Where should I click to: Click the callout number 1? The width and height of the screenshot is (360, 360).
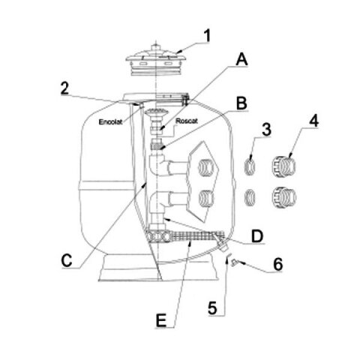pyautogui.click(x=207, y=36)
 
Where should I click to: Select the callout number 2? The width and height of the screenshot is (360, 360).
pyautogui.click(x=64, y=88)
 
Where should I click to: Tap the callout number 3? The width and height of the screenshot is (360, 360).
pyautogui.click(x=266, y=130)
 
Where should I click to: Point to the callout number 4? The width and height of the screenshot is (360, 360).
pyautogui.click(x=314, y=121)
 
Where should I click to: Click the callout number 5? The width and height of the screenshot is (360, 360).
pyautogui.click(x=212, y=308)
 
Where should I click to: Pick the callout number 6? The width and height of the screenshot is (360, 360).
pyautogui.click(x=278, y=264)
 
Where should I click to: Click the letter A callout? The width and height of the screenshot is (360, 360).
pyautogui.click(x=241, y=60)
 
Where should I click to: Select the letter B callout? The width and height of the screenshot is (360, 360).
pyautogui.click(x=241, y=103)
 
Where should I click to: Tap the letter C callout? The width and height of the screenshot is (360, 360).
pyautogui.click(x=67, y=261)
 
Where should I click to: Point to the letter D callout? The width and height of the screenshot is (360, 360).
pyautogui.click(x=257, y=236)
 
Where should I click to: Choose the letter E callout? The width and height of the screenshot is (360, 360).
pyautogui.click(x=160, y=320)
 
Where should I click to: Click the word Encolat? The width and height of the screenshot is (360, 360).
pyautogui.click(x=111, y=122)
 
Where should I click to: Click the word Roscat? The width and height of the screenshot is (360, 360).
pyautogui.click(x=187, y=121)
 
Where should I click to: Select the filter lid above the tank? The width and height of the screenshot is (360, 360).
pyautogui.click(x=156, y=59)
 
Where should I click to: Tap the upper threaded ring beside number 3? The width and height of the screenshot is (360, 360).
pyautogui.click(x=250, y=166)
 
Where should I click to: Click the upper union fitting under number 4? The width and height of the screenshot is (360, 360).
pyautogui.click(x=283, y=166)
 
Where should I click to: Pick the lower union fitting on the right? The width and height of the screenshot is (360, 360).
pyautogui.click(x=284, y=197)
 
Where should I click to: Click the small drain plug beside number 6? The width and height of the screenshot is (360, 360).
pyautogui.click(x=235, y=262)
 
